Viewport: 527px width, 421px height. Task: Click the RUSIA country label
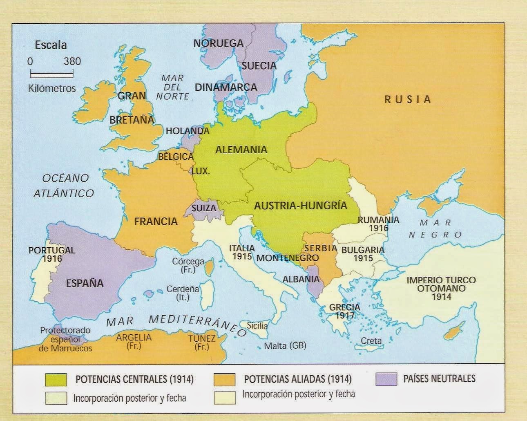tap(407, 99)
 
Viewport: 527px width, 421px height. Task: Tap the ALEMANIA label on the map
tap(241, 150)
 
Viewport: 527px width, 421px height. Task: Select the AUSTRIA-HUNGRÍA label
tap(300, 206)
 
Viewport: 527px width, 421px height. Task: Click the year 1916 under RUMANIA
tap(378, 228)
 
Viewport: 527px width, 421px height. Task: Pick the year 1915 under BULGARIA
tap(363, 258)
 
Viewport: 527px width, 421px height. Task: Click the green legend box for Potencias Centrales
tap(56, 379)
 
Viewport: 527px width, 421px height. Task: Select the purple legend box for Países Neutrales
tap(386, 378)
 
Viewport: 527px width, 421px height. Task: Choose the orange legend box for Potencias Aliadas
tap(224, 379)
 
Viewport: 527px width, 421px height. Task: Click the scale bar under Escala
tap(51, 75)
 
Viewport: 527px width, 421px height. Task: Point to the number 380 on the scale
tap(72, 62)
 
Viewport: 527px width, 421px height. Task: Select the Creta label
tap(371, 340)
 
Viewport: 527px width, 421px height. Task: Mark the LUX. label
tap(200, 172)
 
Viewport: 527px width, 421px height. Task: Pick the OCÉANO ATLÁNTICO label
tap(64, 186)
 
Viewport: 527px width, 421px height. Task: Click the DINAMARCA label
tap(226, 87)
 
